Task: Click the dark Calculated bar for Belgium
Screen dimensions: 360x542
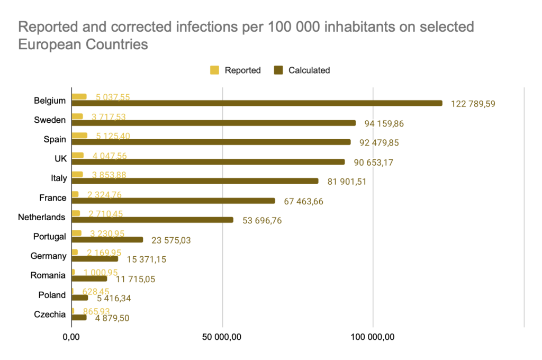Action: click(257, 103)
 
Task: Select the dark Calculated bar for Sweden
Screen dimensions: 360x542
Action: click(214, 123)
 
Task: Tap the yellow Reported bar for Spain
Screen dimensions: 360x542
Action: click(79, 136)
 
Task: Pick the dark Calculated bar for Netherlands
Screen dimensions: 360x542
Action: click(152, 220)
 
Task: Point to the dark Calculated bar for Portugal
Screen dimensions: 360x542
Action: click(107, 239)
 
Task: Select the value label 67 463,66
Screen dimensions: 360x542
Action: click(303, 201)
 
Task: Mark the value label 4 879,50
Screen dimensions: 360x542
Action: click(112, 318)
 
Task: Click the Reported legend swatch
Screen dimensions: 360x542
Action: click(215, 70)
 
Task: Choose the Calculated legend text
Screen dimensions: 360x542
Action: click(309, 70)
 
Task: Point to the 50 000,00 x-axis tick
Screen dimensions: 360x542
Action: click(222, 337)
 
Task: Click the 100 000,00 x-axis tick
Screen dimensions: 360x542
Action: click(373, 337)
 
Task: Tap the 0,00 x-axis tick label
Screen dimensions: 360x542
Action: click(71, 337)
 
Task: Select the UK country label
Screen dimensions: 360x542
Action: click(59, 159)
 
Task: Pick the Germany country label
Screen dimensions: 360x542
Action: click(48, 256)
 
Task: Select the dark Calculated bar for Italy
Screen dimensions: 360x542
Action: click(195, 181)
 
